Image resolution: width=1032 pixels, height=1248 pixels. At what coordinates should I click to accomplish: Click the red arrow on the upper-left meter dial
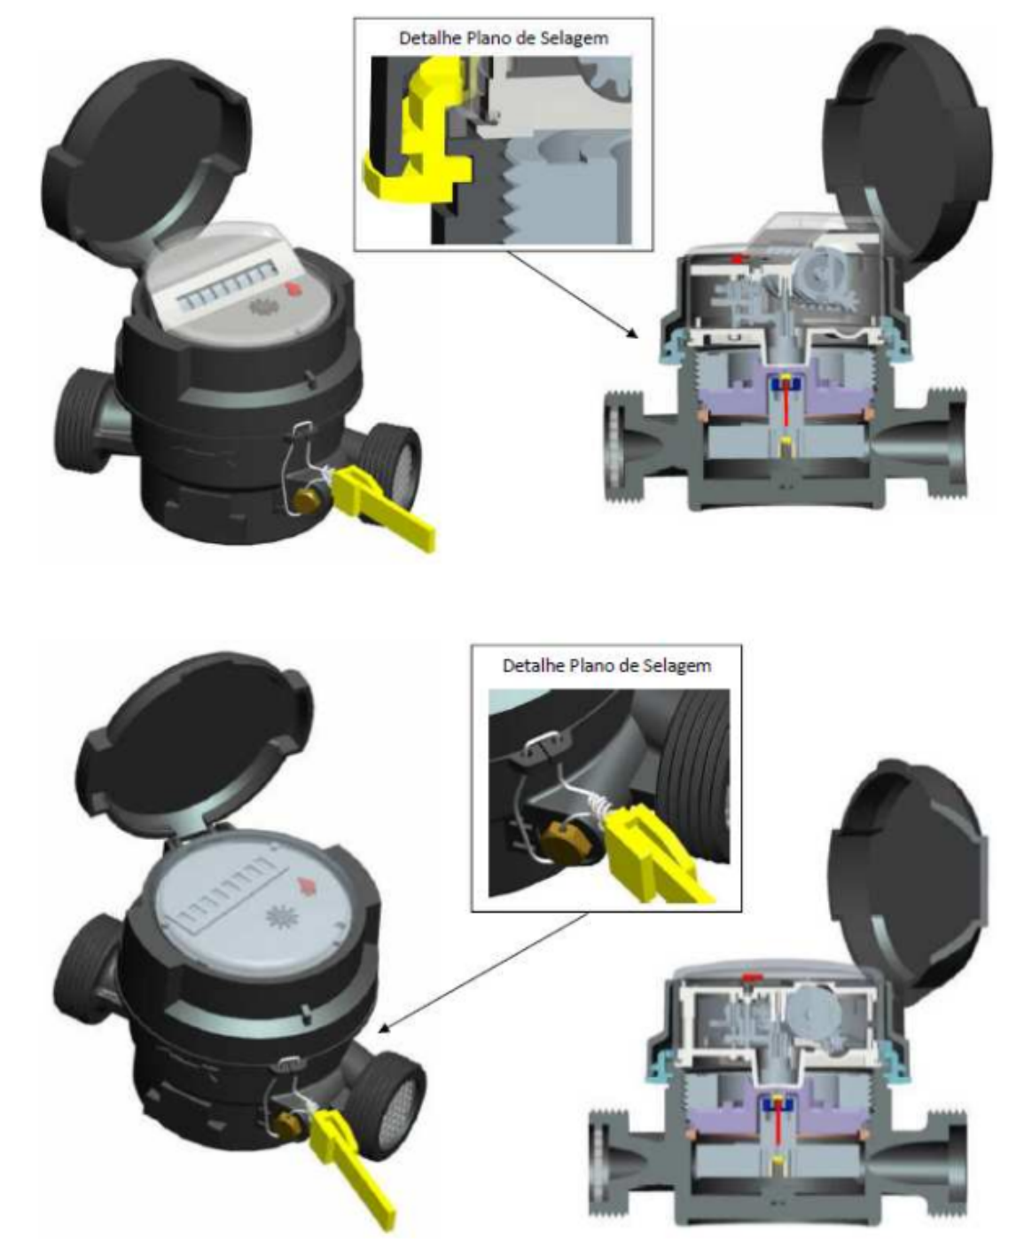coord(293,289)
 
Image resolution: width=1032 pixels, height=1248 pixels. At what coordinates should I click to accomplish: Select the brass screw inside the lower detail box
coord(562,838)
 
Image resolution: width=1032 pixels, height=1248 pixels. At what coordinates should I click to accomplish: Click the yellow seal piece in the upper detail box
coord(417,132)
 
